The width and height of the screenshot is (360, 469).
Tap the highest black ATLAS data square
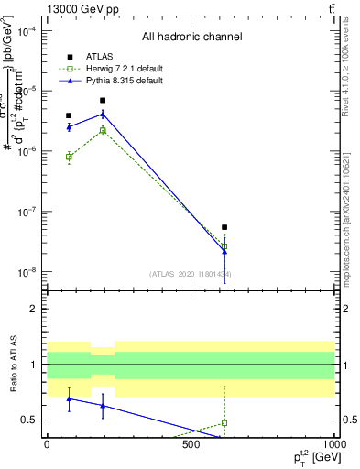coord(103,101)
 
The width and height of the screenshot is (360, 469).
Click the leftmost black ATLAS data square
coord(69,116)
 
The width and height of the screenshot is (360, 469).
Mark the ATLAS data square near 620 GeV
coord(224,227)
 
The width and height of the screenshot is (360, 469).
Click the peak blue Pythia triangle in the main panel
coord(103,114)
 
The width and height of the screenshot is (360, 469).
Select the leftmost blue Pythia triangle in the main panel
coord(69,126)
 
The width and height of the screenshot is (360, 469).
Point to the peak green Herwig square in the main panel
coord(103,131)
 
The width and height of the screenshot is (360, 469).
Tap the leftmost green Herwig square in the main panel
coord(69,157)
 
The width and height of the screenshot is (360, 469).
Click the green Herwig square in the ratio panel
coord(224,423)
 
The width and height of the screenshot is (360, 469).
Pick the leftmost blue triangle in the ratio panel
coord(69,399)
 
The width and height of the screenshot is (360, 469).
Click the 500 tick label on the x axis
coord(190,444)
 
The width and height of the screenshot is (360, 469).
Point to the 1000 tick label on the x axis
coord(332,444)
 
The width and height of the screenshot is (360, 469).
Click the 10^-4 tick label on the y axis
coord(27,30)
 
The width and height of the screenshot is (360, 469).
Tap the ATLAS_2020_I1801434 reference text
coord(190,274)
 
